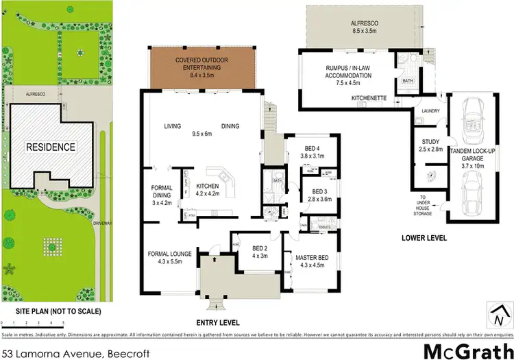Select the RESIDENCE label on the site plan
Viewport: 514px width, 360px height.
(51, 147)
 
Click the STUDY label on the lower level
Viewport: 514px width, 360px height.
(428, 145)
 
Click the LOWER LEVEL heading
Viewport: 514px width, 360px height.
(424, 238)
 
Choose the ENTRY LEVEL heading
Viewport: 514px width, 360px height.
(218, 322)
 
